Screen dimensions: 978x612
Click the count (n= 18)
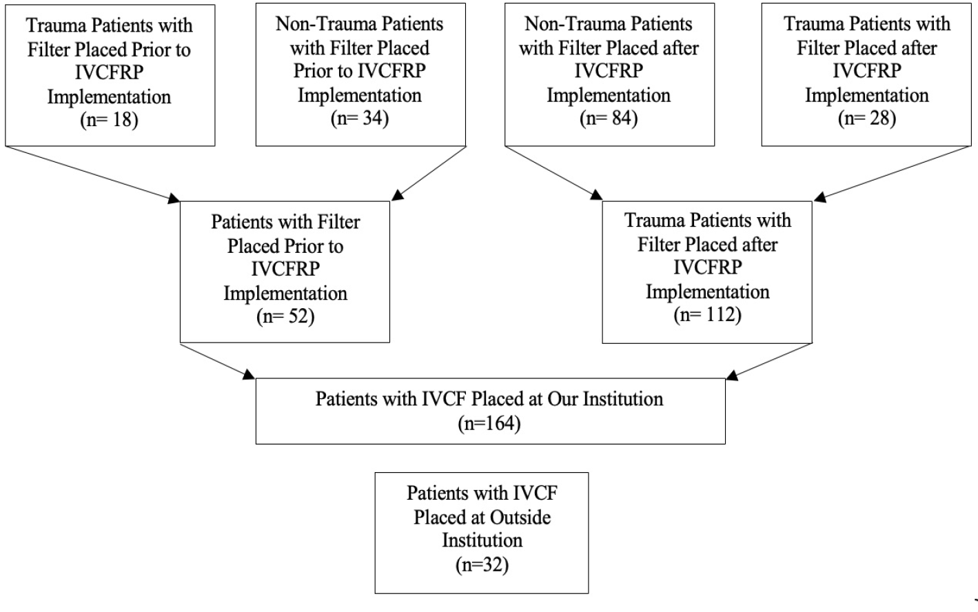tap(109, 120)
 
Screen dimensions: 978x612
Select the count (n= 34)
tap(360, 119)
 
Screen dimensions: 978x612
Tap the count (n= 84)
tap(609, 119)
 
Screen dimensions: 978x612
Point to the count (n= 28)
tap(867, 119)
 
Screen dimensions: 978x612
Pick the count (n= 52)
tap(285, 316)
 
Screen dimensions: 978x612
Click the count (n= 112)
tap(707, 315)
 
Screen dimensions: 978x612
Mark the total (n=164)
tap(489, 423)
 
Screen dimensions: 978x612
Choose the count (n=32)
tap(482, 565)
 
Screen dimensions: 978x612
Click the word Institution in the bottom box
tap(482, 540)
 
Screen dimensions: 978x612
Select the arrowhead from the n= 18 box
tap(174, 198)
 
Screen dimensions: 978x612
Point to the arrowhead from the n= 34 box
tap(397, 195)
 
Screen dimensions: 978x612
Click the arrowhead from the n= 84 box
tap(596, 195)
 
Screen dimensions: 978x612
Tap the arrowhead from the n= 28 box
tap(820, 197)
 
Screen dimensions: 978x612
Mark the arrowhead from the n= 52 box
tap(249, 374)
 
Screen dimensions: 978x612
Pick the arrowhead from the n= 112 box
tap(732, 376)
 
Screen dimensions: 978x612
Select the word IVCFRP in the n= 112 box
tap(707, 267)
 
